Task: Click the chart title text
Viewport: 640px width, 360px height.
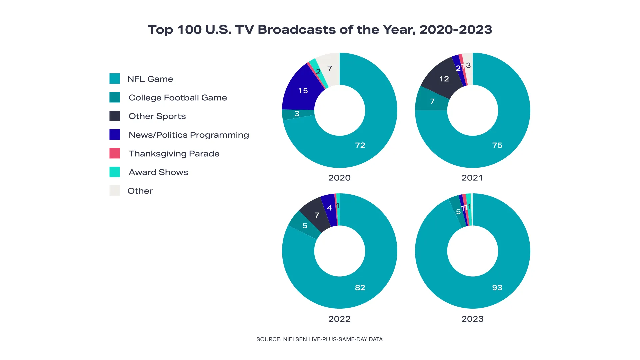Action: (x=320, y=30)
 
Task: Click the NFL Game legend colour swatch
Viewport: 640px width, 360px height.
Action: (x=115, y=79)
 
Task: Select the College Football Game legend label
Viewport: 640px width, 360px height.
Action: (x=178, y=98)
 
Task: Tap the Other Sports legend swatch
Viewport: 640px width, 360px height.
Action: (x=115, y=116)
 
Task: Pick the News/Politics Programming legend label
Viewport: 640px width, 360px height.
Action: (x=189, y=135)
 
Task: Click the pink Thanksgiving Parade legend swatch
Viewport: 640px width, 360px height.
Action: (x=115, y=153)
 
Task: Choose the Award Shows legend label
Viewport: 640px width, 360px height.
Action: (x=158, y=172)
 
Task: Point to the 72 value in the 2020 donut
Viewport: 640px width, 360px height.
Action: (x=360, y=145)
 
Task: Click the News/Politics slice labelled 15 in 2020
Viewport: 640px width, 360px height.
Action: (x=303, y=91)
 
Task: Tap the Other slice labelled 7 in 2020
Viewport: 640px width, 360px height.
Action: (x=330, y=68)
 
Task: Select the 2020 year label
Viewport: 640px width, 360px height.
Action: (x=339, y=178)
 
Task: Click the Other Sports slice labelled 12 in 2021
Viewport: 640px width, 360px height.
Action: (x=444, y=79)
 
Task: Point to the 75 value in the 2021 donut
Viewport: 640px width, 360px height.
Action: (x=497, y=145)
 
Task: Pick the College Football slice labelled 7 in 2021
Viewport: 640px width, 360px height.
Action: (x=432, y=101)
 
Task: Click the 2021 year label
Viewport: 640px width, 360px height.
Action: (x=472, y=178)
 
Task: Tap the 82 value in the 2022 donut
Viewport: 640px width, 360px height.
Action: (x=360, y=288)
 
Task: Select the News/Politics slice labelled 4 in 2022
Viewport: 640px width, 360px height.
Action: (x=329, y=208)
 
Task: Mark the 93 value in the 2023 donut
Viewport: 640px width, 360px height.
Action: (x=497, y=288)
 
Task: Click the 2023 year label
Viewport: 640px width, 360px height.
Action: (x=472, y=319)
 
